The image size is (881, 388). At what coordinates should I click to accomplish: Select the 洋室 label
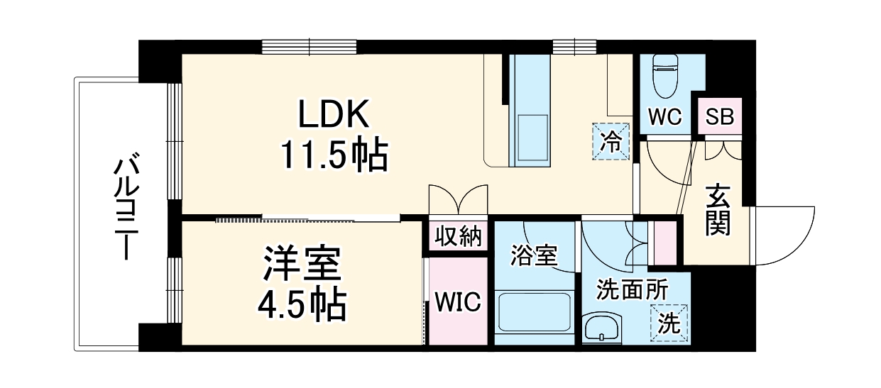pos(302,263)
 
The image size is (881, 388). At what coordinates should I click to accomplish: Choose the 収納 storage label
pos(458,236)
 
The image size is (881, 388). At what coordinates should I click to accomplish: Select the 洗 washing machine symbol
pos(670,323)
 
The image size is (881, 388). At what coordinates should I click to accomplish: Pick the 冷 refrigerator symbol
pos(611,140)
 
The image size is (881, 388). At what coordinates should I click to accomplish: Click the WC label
pos(664,117)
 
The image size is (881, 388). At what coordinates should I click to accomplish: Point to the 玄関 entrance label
pos(718,210)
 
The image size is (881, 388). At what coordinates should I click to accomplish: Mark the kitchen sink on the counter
pos(529,138)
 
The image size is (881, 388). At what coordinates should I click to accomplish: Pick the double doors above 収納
pos(458,199)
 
